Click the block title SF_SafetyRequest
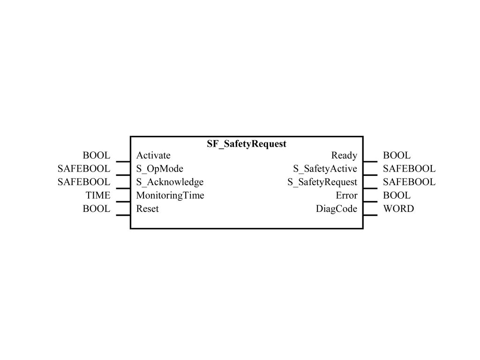tap(247, 144)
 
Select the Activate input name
tap(153, 155)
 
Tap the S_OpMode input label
tap(160, 169)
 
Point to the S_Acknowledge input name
tap(170, 182)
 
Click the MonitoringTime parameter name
tap(170, 195)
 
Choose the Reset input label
tap(148, 209)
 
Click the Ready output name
tap(344, 156)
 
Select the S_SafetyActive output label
tap(325, 169)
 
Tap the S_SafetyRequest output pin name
tap(322, 182)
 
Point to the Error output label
tap(346, 195)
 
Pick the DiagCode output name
tap(337, 209)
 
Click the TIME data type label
tap(98, 195)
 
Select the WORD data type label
tap(398, 209)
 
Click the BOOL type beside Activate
tap(97, 155)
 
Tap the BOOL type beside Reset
tap(97, 209)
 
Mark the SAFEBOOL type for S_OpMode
tap(84, 169)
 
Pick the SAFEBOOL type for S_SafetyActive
tap(409, 169)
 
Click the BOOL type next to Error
tap(397, 195)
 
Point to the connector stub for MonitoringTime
tap(123, 202)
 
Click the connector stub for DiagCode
tap(370, 215)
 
